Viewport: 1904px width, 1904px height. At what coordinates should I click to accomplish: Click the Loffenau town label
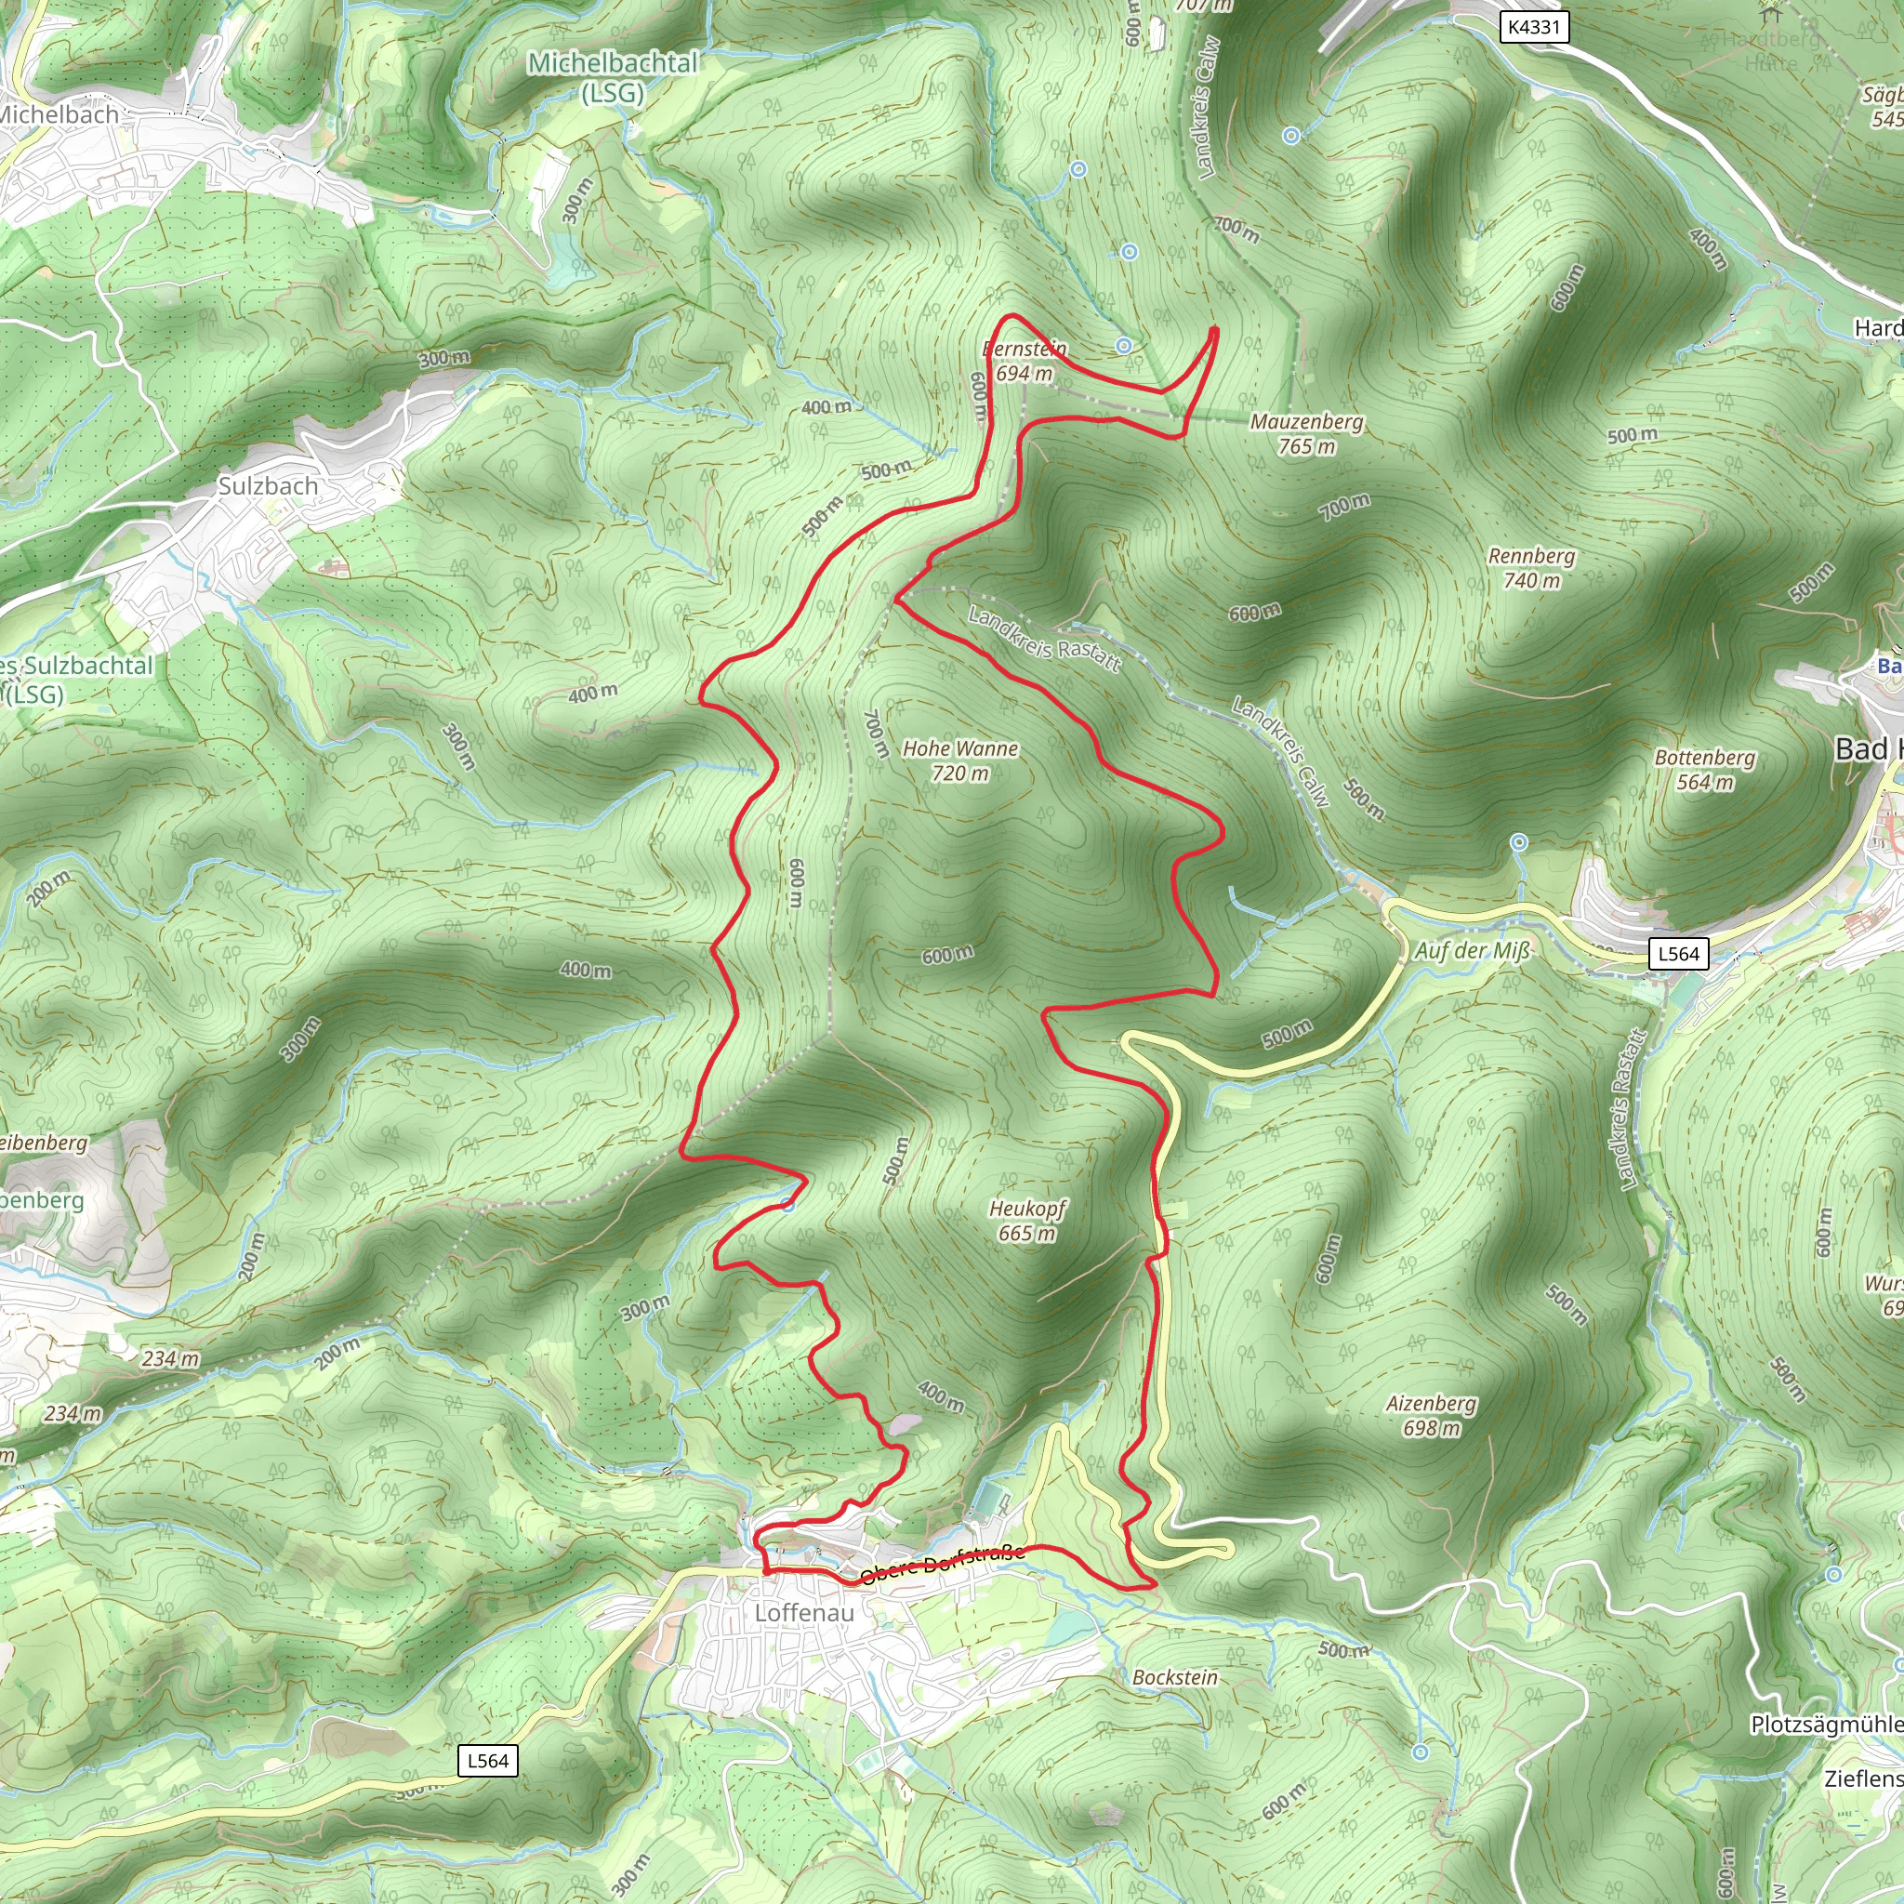point(804,1612)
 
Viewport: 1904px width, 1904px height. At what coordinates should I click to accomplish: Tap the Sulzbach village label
point(268,486)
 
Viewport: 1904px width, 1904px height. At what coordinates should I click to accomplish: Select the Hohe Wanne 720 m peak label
point(959,760)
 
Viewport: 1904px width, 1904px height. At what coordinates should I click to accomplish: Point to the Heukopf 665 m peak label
point(1027,1220)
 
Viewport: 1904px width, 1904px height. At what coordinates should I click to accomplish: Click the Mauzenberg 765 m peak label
point(1307,433)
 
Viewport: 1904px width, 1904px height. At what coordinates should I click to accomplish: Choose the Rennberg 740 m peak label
point(1531,568)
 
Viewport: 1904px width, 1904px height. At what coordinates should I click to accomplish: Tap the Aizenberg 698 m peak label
point(1431,1415)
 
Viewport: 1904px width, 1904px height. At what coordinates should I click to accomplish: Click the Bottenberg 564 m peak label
point(1705,770)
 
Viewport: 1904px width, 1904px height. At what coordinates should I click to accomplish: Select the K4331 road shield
point(1534,27)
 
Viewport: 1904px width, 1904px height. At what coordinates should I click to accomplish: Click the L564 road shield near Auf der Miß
point(1678,953)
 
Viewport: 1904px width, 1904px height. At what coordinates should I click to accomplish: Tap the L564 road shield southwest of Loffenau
point(488,1761)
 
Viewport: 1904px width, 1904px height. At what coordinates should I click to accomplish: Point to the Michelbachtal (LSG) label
point(613,77)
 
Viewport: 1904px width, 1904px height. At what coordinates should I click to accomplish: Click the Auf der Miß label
point(1473,950)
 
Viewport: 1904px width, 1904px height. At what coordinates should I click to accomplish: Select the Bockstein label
point(1175,1677)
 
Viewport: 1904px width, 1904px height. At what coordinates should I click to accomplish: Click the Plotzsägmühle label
point(1826,1725)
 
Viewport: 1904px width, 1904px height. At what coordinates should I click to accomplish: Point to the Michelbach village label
point(59,114)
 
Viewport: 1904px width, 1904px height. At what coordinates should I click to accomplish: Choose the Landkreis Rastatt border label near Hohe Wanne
point(1045,639)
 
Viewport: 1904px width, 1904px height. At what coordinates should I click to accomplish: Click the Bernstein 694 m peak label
point(1025,361)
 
